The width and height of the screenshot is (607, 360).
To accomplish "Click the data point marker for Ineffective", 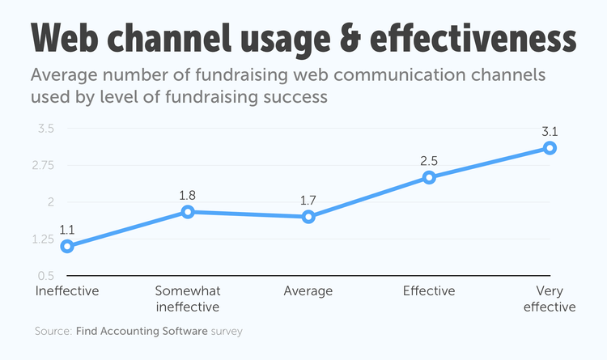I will pyautogui.click(x=67, y=246).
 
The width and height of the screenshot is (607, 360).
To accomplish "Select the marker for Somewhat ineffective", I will pyautogui.click(x=188, y=212).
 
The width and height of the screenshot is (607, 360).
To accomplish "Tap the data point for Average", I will pyautogui.click(x=308, y=217).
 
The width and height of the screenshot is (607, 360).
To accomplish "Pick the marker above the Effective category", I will pyautogui.click(x=429, y=177).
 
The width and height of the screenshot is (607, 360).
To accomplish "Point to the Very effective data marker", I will pyautogui.click(x=550, y=148).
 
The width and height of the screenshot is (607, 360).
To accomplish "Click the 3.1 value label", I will pyautogui.click(x=550, y=131).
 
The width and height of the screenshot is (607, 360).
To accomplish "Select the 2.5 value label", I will pyautogui.click(x=429, y=160).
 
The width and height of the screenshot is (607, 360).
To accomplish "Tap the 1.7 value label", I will pyautogui.click(x=308, y=200).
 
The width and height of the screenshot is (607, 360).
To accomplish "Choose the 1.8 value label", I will pyautogui.click(x=188, y=195).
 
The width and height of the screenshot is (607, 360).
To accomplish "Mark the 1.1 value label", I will pyautogui.click(x=67, y=229).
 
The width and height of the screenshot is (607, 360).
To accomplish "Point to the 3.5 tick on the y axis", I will pyautogui.click(x=45, y=129).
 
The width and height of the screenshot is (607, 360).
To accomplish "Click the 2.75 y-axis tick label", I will pyautogui.click(x=42, y=165).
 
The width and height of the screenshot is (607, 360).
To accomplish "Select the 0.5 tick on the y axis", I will pyautogui.click(x=45, y=276).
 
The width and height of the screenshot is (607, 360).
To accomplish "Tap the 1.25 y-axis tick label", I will pyautogui.click(x=42, y=239).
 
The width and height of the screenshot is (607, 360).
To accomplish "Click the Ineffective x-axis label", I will pyautogui.click(x=67, y=291).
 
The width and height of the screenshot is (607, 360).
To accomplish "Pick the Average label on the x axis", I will pyautogui.click(x=308, y=291).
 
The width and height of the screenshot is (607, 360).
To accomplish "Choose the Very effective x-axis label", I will pyautogui.click(x=550, y=299).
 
